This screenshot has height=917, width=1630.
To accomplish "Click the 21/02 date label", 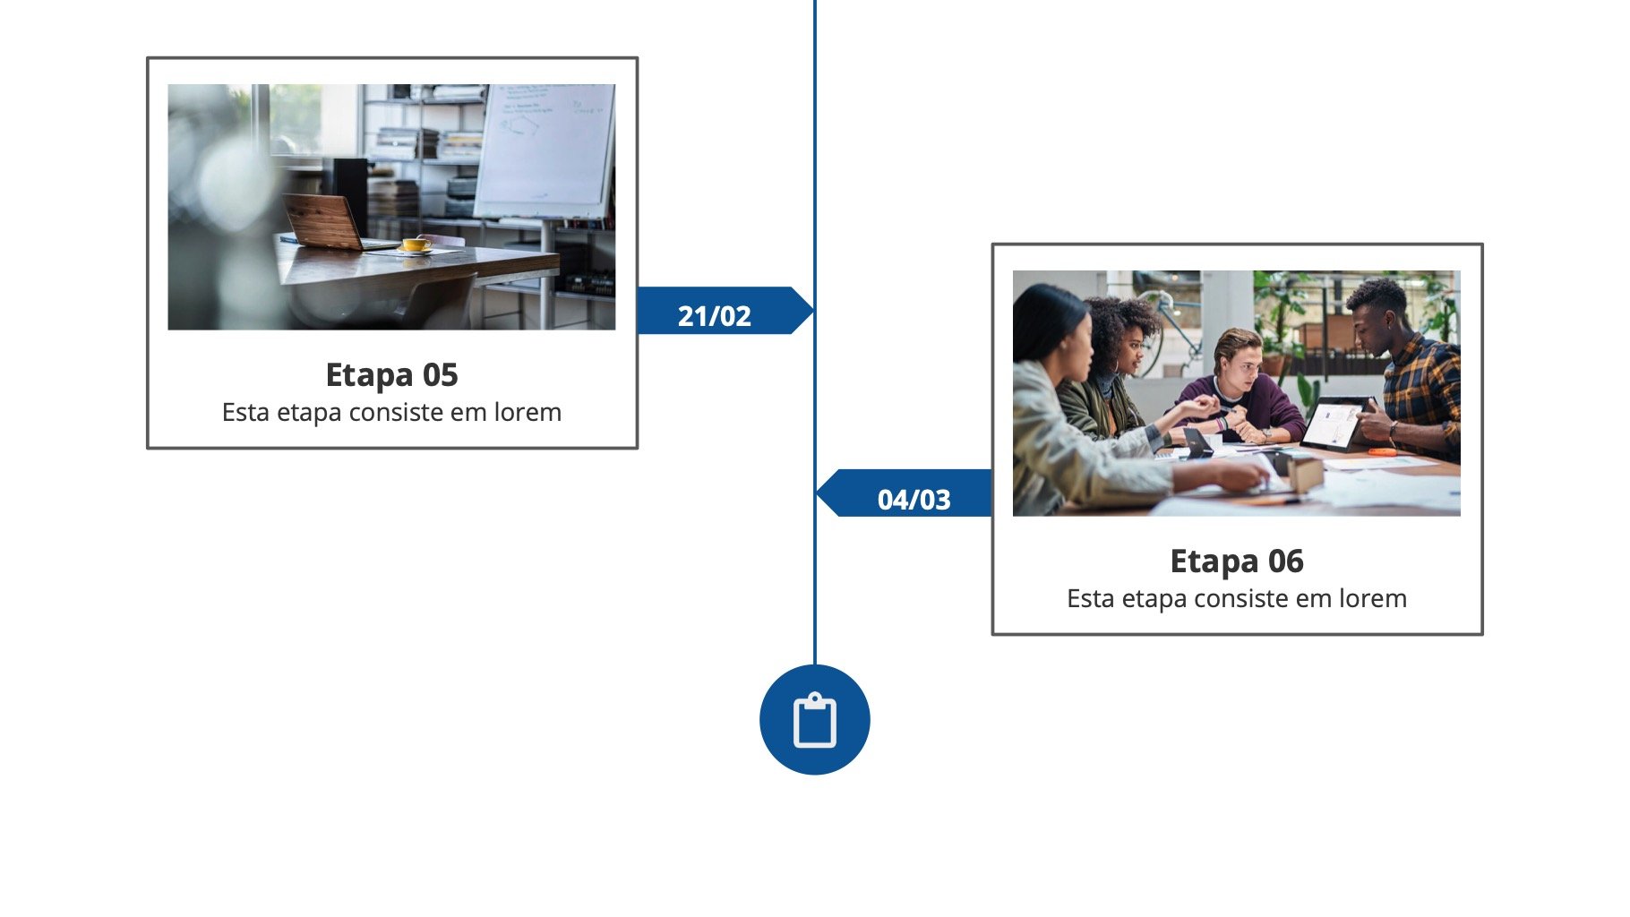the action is [714, 315].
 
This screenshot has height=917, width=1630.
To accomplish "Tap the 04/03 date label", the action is [914, 499].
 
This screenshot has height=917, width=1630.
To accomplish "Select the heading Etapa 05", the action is [391, 374].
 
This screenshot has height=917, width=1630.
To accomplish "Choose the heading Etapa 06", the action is [1237, 561].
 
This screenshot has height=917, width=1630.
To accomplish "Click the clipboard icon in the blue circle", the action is [815, 720].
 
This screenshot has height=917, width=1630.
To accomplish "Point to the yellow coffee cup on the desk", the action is [416, 244].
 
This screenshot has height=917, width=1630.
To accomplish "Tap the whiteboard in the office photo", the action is [545, 150].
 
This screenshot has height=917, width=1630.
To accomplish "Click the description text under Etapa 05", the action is [391, 413].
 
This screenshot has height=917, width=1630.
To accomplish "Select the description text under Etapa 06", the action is [1237, 598].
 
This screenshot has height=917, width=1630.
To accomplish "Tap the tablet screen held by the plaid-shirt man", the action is [1332, 424].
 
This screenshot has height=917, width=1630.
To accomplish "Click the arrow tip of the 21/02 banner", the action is [813, 311].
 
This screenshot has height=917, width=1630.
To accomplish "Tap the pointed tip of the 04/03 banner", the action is [817, 493].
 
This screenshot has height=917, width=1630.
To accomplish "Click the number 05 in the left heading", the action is [440, 374].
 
